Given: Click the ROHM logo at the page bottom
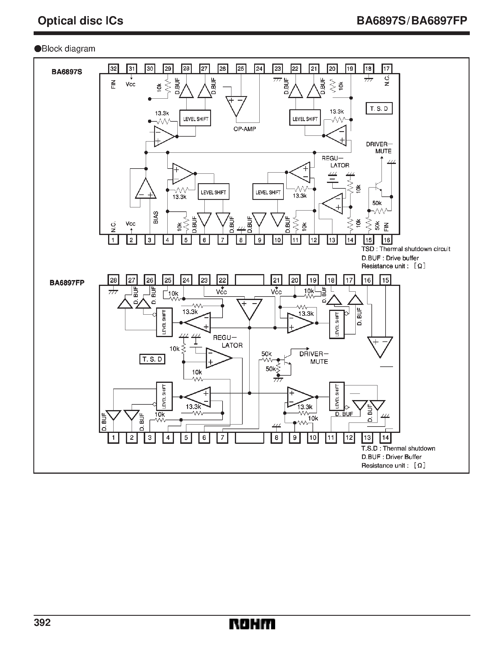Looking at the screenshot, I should (252, 624).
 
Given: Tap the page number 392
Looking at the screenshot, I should (43, 622).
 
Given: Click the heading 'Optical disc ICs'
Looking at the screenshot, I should (81, 21).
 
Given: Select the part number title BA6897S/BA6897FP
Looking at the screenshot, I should (411, 21).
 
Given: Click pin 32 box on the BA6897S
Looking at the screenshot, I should (113, 69).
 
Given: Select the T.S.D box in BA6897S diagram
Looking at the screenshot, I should (379, 109).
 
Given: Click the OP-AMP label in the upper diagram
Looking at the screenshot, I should (244, 129).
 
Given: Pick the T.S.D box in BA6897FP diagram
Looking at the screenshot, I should (152, 359).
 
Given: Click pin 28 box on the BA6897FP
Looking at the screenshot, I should (113, 280).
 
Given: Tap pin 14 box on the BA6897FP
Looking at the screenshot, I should (385, 437).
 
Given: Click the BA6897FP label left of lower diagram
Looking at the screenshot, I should (67, 283).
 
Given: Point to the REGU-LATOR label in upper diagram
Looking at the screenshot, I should (335, 162).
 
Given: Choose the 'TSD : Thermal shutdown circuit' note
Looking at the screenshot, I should (405, 249).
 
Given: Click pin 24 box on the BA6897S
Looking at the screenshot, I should (259, 69).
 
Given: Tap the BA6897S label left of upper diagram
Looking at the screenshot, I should (67, 72).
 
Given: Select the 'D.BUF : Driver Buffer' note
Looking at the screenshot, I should (391, 457).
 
